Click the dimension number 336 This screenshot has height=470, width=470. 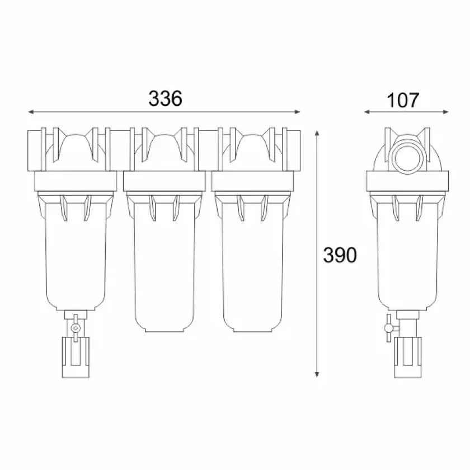[x=165, y=98]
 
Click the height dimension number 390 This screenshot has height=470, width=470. [x=340, y=255]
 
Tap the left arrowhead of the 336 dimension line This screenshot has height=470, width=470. [x=31, y=112]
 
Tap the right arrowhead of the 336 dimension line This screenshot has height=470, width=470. [x=297, y=112]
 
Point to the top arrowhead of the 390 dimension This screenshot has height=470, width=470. [x=317, y=133]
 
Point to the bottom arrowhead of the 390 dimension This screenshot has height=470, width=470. [x=317, y=374]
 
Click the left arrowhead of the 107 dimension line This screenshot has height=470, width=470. [x=367, y=112]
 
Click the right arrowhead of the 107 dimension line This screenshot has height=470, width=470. [x=446, y=112]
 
